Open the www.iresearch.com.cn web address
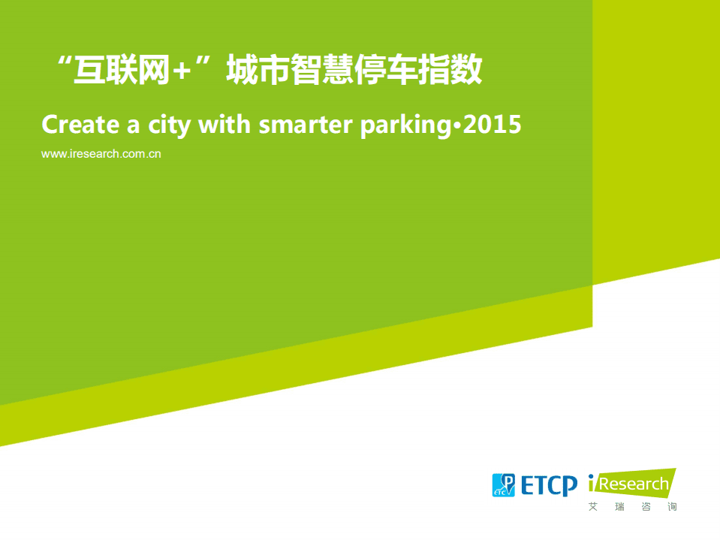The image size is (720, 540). (102, 154)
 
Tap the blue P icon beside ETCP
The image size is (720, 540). (503, 485)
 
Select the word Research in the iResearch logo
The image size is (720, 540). (634, 484)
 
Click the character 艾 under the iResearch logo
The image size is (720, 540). (594, 507)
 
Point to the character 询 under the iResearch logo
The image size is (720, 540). (671, 507)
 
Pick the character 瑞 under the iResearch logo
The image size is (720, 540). (619, 507)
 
